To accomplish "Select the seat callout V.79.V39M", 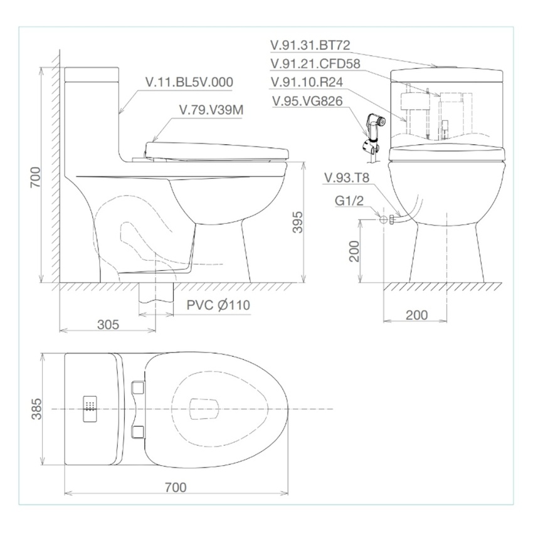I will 211,110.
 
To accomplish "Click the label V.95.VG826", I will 307,101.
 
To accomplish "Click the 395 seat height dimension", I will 298,221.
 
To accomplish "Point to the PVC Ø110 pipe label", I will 218,305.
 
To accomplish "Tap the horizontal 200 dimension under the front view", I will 417,315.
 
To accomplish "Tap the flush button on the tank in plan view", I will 90,409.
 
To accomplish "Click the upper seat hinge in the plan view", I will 139,388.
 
